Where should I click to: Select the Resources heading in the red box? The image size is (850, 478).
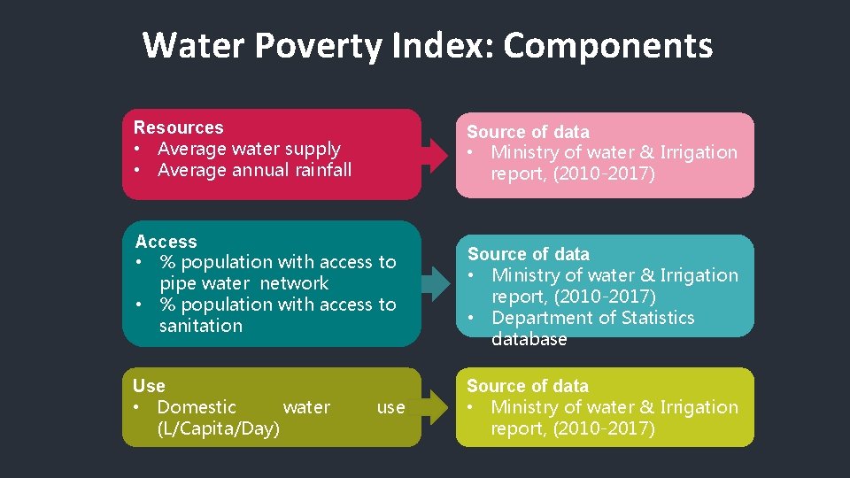coord(178,127)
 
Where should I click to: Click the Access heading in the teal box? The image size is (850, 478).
coord(166,241)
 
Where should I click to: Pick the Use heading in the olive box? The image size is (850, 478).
coord(149,386)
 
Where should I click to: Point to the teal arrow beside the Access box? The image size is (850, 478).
coord(435,282)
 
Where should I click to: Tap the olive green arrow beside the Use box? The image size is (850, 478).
coord(435,407)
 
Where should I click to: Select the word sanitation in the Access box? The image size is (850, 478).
coord(200,326)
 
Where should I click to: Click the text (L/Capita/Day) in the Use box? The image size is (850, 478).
coord(218,428)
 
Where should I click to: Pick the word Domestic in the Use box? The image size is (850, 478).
coord(197,407)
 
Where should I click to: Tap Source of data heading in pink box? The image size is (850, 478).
coord(528,131)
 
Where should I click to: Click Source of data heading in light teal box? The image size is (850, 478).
coord(528,254)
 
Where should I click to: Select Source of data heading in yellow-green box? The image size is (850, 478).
coord(528,386)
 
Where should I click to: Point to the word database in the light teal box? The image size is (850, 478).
coord(529,339)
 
